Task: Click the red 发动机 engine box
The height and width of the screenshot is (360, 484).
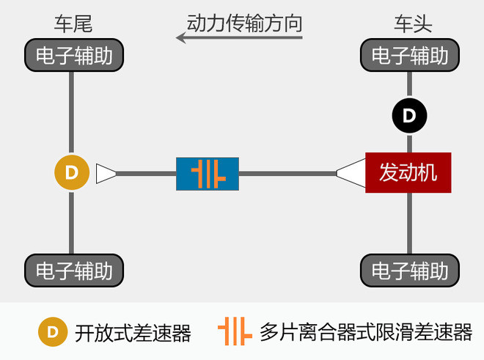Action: point(408,172)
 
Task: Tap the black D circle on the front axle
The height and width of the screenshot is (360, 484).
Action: point(410,116)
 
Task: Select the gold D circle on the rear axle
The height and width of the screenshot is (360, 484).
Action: point(72,172)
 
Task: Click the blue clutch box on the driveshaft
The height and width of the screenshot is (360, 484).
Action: point(208,174)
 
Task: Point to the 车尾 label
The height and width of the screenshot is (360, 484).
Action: point(73,23)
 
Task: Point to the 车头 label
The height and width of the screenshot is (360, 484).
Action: point(413,23)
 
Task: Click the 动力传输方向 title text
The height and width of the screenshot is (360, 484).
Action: point(244,23)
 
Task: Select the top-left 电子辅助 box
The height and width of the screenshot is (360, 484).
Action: point(74,55)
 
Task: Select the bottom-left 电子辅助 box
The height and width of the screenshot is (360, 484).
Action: point(74,271)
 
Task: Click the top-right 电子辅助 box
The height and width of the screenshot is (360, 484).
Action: point(410,55)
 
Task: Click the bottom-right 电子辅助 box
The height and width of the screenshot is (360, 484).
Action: point(410,271)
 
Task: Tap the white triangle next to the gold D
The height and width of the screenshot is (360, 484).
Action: point(105,174)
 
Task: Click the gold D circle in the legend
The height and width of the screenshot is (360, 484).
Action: point(53,332)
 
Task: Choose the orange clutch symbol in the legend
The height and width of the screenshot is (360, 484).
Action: point(235,331)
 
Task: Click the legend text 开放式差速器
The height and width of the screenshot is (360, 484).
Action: point(133,333)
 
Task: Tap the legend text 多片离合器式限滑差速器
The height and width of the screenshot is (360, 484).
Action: point(366,332)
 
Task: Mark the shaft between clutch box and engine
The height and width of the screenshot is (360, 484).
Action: point(287,174)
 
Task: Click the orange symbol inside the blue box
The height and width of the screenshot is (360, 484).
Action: point(208,174)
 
